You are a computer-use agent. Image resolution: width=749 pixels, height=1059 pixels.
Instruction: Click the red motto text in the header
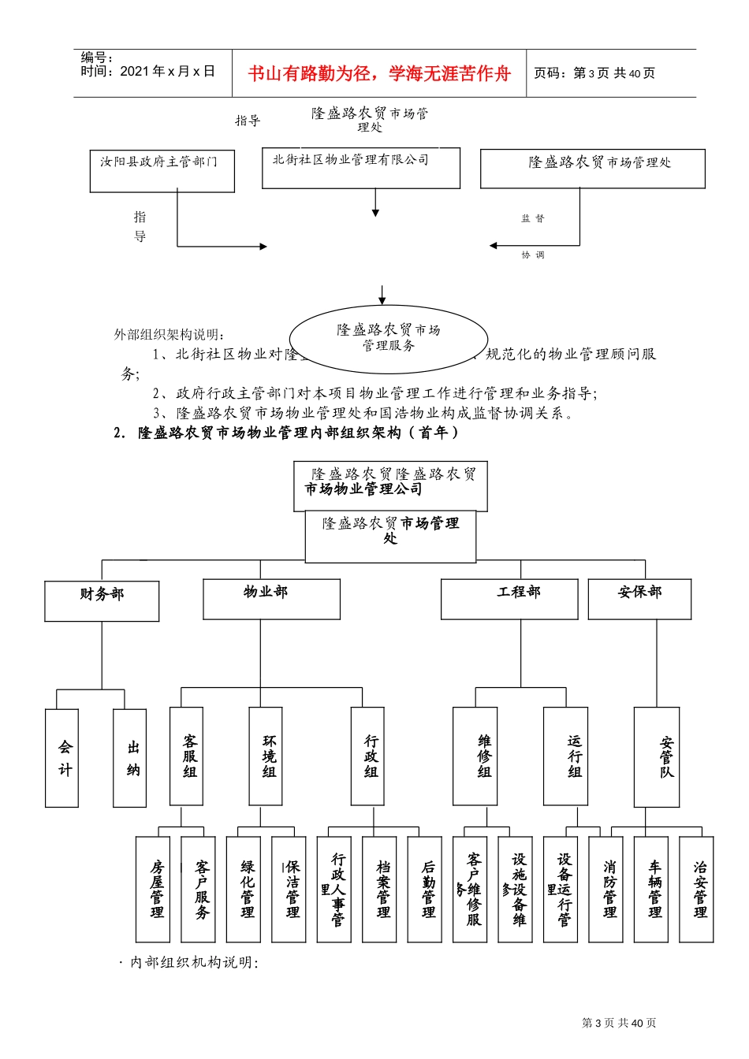pos(379,74)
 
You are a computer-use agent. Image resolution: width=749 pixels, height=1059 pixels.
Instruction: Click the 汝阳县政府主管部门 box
pos(162,171)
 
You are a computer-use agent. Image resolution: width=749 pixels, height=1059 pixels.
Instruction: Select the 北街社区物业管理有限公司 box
pos(360,168)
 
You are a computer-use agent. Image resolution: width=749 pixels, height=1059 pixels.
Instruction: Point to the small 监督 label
pos(532,218)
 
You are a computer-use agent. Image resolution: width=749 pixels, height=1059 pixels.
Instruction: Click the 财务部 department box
pos(102,601)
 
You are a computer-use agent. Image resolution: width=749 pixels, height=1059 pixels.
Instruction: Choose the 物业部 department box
pos(271,599)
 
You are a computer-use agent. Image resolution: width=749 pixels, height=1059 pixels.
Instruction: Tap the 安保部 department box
pos(639,599)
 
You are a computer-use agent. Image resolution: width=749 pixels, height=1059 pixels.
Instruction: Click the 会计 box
pos(62,758)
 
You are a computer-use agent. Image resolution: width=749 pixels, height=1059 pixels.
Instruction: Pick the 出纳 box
pos(130,758)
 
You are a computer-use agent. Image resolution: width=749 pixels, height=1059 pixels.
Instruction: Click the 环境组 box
pos(266,756)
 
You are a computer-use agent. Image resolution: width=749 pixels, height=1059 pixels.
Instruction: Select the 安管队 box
pos(657,756)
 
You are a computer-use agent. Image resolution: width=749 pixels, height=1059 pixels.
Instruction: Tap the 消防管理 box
pos(606,890)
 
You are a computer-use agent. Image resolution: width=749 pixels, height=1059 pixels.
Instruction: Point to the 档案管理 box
pos(379,890)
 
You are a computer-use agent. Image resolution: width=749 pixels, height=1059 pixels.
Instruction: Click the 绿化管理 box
pos(244,890)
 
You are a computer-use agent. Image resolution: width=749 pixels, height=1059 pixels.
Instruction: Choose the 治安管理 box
pos(696,890)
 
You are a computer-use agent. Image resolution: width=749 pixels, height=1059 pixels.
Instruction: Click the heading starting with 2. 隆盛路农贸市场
pos(286,433)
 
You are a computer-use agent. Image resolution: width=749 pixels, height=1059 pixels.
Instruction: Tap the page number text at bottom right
pos(619,1023)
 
